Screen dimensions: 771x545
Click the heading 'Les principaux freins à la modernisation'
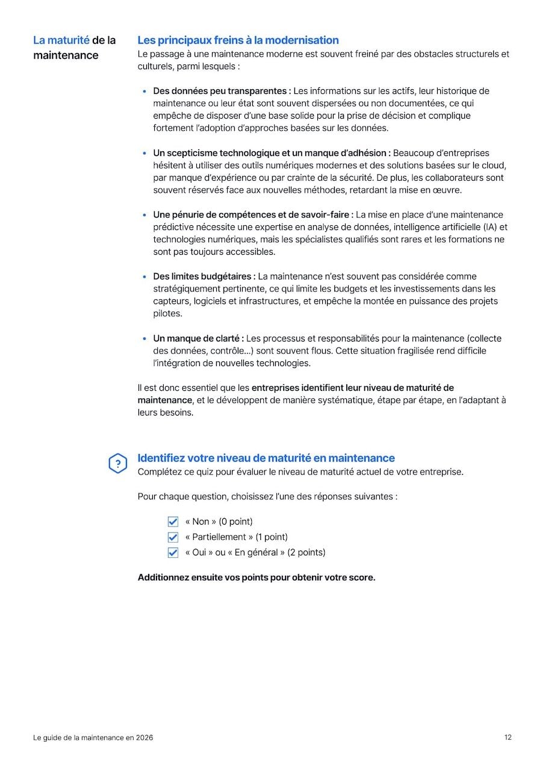click(x=238, y=40)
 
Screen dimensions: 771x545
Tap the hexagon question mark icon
click(x=117, y=464)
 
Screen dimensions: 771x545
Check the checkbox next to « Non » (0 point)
click(x=173, y=522)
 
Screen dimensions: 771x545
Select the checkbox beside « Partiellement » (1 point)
click(x=173, y=537)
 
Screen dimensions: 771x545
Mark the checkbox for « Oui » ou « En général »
click(x=173, y=552)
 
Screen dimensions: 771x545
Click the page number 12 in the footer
click(x=508, y=737)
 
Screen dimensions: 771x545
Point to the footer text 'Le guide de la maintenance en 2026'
click(x=93, y=737)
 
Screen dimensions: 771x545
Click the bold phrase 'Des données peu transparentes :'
click(x=222, y=91)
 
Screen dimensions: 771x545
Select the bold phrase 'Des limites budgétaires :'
click(x=204, y=276)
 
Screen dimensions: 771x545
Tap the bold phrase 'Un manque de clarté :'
click(x=198, y=339)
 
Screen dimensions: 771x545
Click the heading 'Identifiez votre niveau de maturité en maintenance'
click(x=266, y=458)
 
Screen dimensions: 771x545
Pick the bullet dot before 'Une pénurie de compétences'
click(x=145, y=215)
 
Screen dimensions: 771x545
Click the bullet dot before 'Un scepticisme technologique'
click(x=145, y=154)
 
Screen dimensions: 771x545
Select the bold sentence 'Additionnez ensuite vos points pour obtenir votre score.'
click(x=257, y=578)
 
